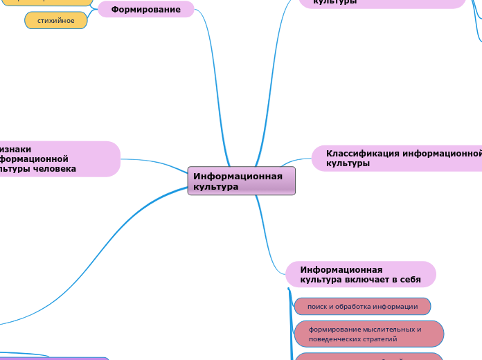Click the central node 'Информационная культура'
241,181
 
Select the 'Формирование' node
145,9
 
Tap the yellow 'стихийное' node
55,21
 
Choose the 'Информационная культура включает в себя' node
360,274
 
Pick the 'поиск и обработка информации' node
362,306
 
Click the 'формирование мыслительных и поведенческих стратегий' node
368,334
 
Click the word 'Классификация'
363,153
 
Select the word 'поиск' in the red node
317,306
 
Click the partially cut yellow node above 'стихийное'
48,2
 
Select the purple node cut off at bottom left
55,358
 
